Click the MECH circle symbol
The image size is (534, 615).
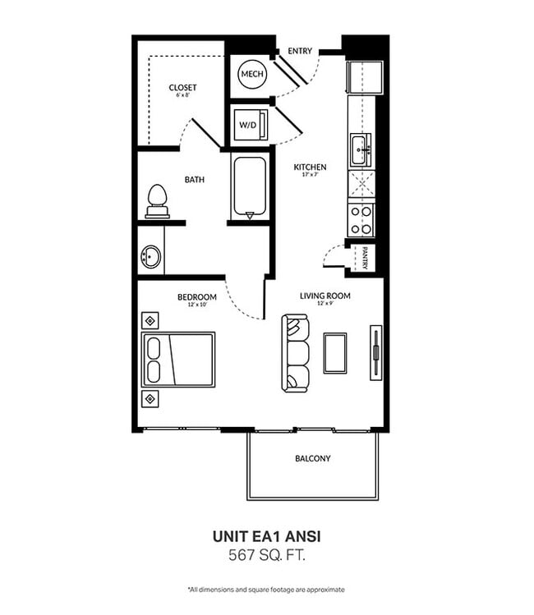252,74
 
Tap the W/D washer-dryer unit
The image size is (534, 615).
251,125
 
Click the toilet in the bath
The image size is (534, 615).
158,201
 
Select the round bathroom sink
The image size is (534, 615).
150,256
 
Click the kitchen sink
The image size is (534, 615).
361,149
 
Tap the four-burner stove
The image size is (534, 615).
361,220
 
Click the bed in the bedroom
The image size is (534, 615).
178,360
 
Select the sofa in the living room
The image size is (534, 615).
295,352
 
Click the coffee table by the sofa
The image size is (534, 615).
334,353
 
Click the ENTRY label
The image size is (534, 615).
300,51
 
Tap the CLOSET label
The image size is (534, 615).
182,88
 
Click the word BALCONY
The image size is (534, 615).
313,458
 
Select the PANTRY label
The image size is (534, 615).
365,258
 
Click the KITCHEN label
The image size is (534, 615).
310,167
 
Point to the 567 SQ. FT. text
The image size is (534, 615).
267,555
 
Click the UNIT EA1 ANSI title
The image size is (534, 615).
267,536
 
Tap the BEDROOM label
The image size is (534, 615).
197,297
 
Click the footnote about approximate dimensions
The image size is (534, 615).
266,590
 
